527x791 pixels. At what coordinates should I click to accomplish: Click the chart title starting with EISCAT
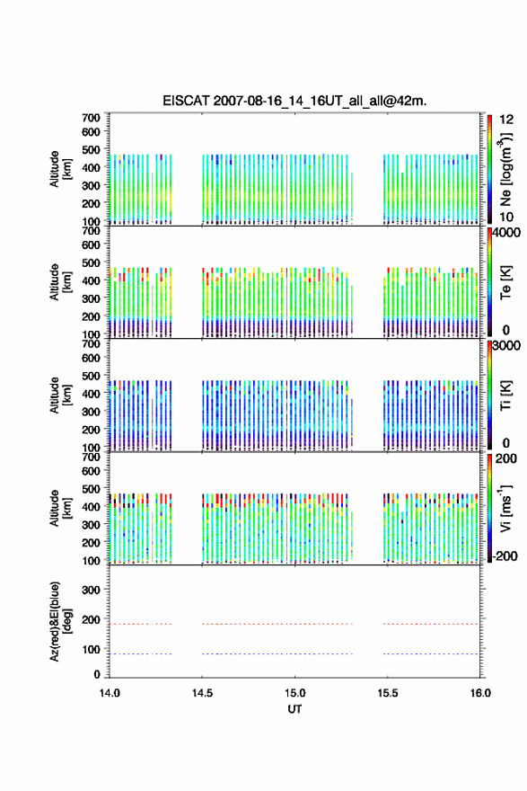point(294,101)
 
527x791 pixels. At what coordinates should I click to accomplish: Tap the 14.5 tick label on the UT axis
point(202,693)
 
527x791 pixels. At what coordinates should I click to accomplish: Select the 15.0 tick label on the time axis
point(294,693)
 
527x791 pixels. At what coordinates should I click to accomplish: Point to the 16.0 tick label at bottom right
point(480,693)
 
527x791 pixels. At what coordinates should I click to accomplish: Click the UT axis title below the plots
point(294,709)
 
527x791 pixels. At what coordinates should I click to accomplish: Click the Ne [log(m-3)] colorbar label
point(505,169)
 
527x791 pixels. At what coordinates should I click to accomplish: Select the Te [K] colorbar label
point(505,282)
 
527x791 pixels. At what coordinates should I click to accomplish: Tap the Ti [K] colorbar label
point(505,395)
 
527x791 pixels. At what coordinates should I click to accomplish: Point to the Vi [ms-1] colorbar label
point(505,508)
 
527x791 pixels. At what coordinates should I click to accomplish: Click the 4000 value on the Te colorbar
point(506,233)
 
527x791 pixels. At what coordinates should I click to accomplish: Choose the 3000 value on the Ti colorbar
point(506,346)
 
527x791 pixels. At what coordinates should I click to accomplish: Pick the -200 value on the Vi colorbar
point(505,555)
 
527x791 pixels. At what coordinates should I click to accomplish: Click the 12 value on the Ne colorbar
point(506,120)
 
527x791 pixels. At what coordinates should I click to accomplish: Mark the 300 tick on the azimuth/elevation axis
point(91,590)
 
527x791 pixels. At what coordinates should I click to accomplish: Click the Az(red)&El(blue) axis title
point(60,621)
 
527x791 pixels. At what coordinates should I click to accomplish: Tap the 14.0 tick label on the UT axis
point(110,693)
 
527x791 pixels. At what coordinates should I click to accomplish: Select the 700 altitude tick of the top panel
point(91,118)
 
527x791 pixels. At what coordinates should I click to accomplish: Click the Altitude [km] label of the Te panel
point(60,282)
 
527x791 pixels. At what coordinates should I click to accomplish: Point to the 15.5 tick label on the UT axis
point(388,693)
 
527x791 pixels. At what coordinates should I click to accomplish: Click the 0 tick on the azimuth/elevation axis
point(97,674)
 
